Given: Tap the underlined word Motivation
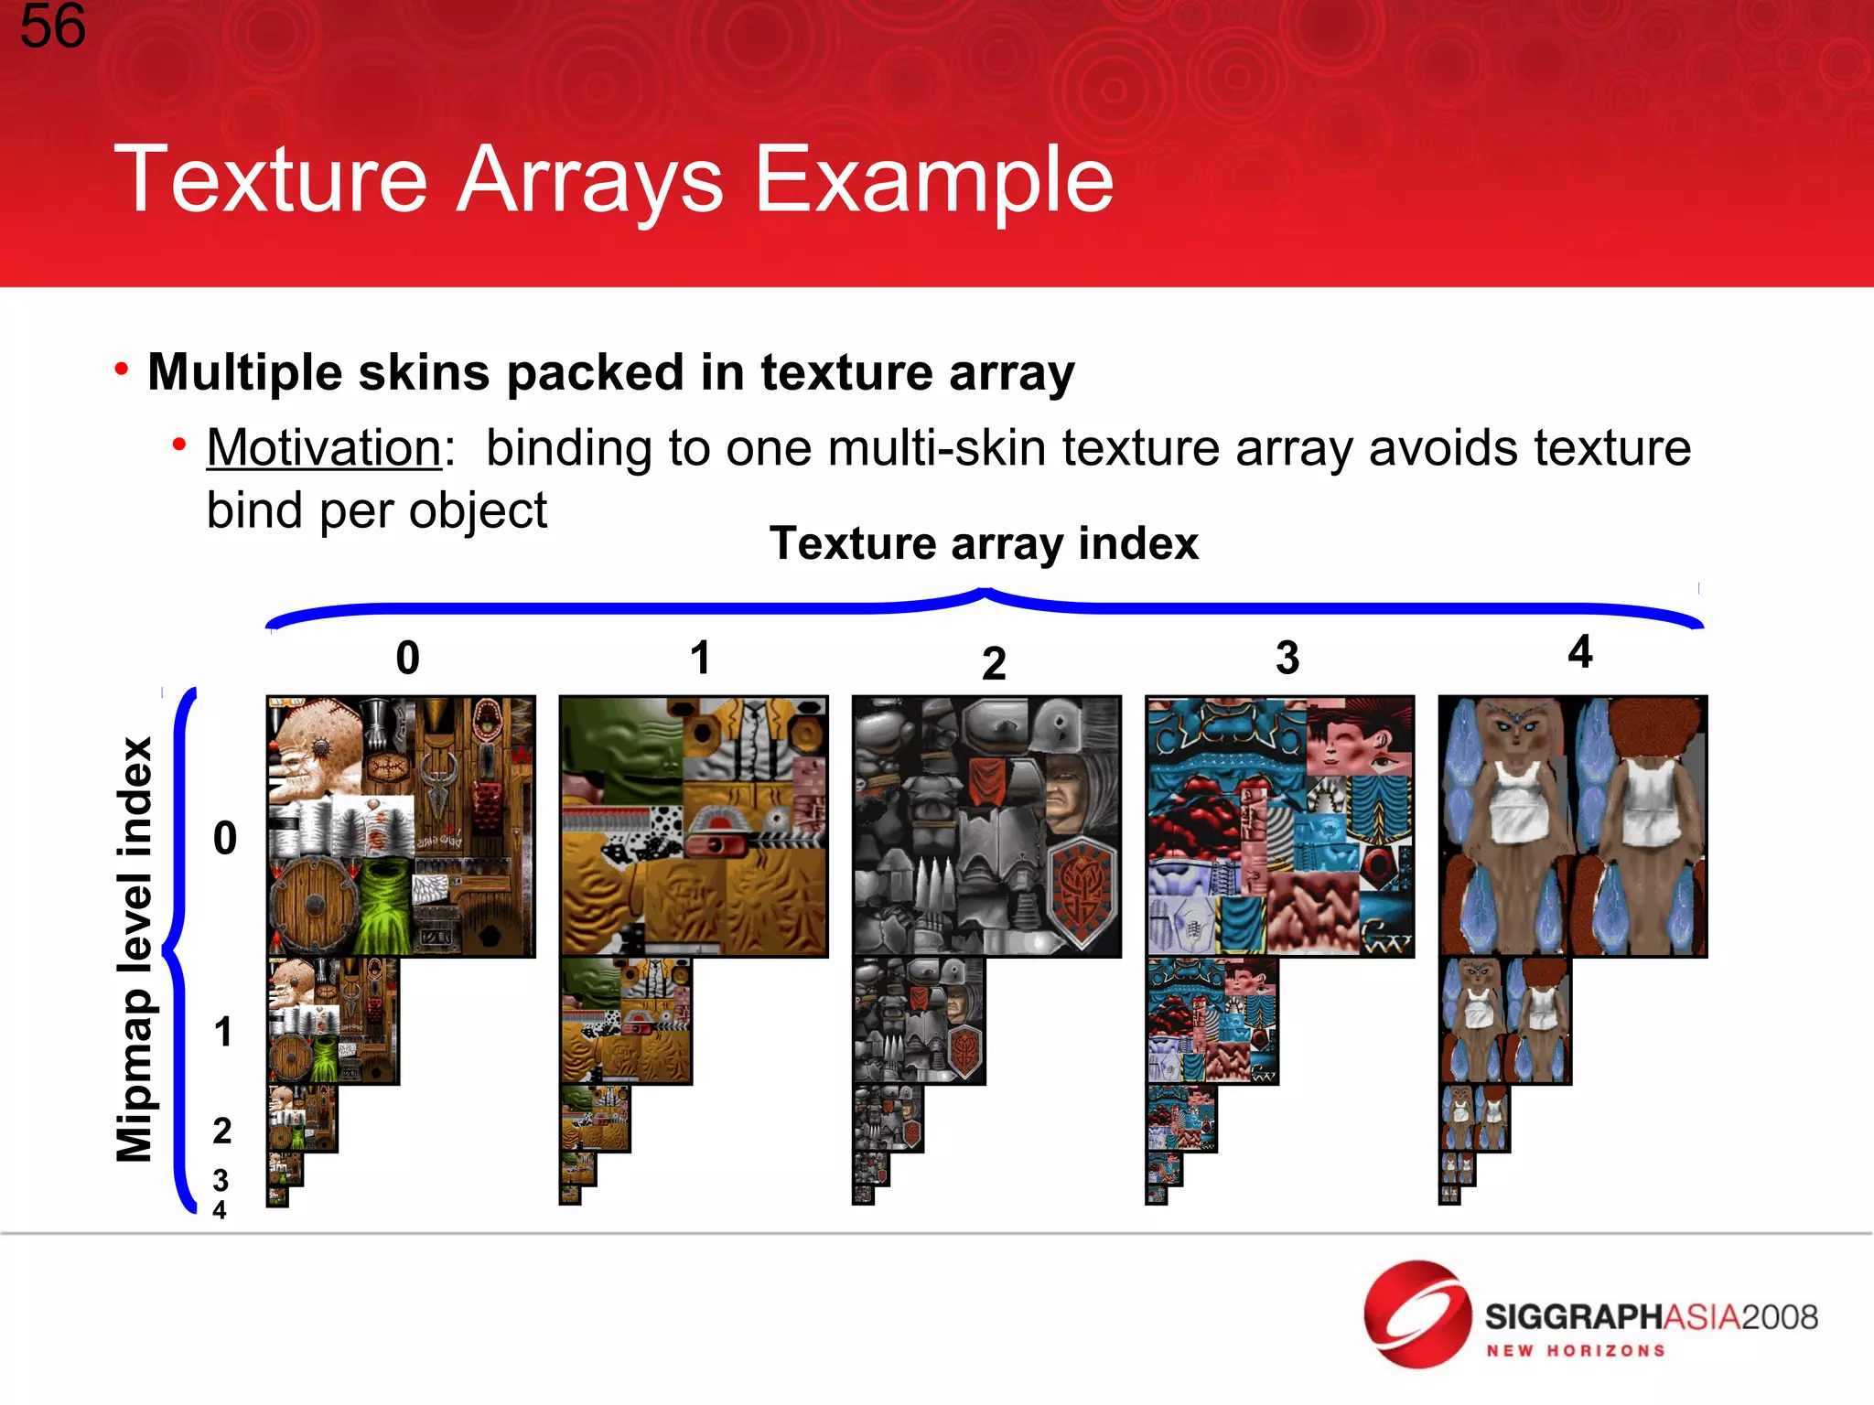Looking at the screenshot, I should [x=325, y=448].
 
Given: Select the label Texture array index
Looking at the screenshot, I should [x=984, y=543].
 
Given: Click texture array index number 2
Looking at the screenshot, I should [x=994, y=663].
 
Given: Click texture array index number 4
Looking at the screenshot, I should [x=1579, y=652].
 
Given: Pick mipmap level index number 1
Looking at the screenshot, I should [x=222, y=1032].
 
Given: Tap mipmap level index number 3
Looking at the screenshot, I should [x=220, y=1179].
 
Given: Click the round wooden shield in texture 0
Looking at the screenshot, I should [x=314, y=905].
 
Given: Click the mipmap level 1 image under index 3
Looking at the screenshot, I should [x=1212, y=1021].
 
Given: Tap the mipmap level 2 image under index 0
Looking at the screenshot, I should [x=301, y=1118].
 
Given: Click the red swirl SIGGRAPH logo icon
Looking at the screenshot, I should [x=1416, y=1314].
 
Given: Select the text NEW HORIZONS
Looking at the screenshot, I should [x=1575, y=1351].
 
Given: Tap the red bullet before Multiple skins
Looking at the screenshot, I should [x=122, y=369].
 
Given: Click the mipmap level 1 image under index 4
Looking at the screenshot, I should [x=1504, y=1021].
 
